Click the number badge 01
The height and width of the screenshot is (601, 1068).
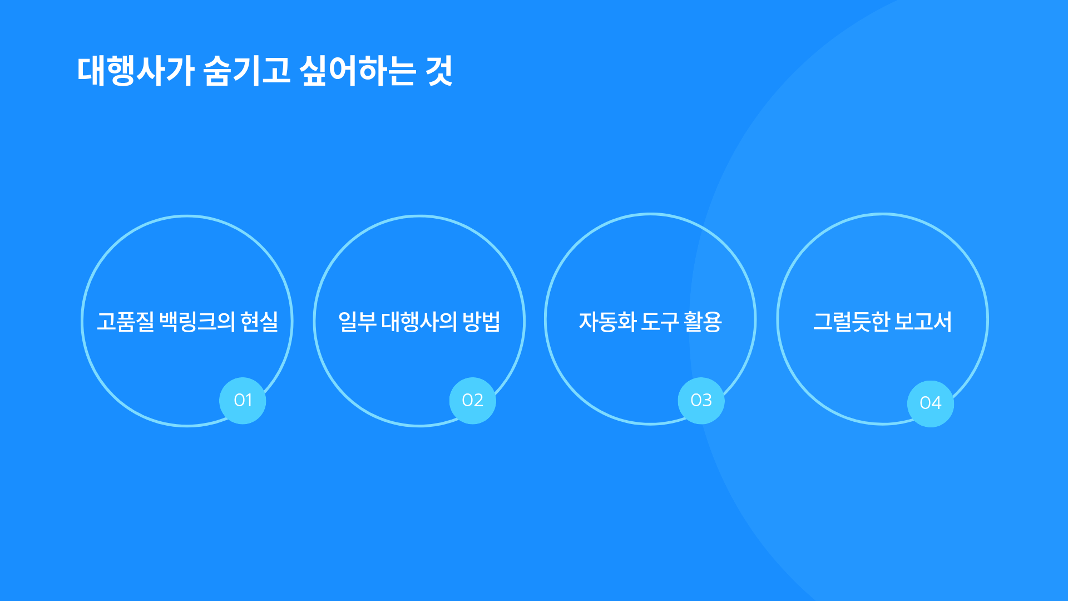(x=243, y=401)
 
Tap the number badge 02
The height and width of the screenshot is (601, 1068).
(x=472, y=401)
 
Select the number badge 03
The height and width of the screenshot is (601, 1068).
(x=701, y=401)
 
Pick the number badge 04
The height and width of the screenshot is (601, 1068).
(x=930, y=403)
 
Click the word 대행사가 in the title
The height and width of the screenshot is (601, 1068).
(x=135, y=71)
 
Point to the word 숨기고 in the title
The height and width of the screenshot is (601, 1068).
(x=247, y=71)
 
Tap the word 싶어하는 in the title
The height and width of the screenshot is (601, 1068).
(x=358, y=71)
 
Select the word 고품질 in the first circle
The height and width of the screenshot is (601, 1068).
(x=125, y=322)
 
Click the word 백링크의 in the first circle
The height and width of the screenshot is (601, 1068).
(x=197, y=322)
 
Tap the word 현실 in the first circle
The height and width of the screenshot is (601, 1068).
(x=259, y=322)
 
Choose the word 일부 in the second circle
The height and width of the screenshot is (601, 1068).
(x=357, y=322)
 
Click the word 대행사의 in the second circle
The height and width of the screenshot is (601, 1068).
(x=419, y=322)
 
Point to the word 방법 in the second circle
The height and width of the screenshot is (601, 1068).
(x=481, y=322)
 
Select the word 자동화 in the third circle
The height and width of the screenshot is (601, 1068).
(x=607, y=322)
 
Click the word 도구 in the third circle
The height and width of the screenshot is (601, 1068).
(x=660, y=322)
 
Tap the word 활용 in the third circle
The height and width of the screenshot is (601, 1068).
(x=703, y=322)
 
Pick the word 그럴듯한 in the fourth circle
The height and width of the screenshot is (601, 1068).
(x=851, y=322)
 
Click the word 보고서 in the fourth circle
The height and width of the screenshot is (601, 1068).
(x=923, y=322)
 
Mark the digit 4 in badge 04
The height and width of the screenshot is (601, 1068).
(x=936, y=403)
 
